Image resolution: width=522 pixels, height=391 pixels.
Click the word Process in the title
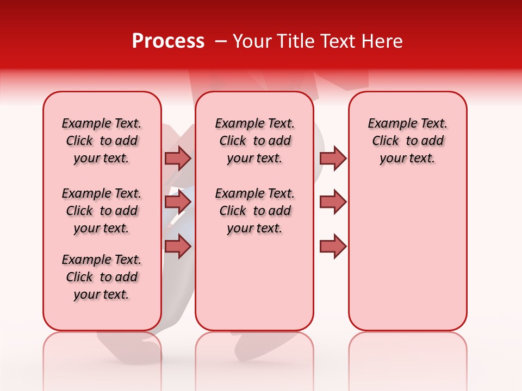[168, 41]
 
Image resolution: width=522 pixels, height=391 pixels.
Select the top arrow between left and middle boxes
[177, 158]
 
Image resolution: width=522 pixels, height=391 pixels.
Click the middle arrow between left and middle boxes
[177, 202]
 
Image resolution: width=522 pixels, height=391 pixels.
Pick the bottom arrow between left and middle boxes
[177, 247]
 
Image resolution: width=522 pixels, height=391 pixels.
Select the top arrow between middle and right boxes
[333, 158]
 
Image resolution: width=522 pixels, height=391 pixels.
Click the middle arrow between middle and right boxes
[333, 202]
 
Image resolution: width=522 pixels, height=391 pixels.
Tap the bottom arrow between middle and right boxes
[333, 247]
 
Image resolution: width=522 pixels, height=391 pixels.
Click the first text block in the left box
[102, 141]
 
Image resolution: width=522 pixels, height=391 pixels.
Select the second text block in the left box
[102, 211]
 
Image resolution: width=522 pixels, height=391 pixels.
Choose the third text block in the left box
[102, 277]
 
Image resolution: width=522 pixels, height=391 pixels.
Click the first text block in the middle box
[254, 141]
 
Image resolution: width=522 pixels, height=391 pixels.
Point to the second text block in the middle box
[254, 211]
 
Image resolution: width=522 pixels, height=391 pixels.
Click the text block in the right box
[407, 141]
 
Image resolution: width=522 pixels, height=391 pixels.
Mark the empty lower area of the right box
[407, 255]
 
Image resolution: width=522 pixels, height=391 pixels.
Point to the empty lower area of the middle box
[254, 282]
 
